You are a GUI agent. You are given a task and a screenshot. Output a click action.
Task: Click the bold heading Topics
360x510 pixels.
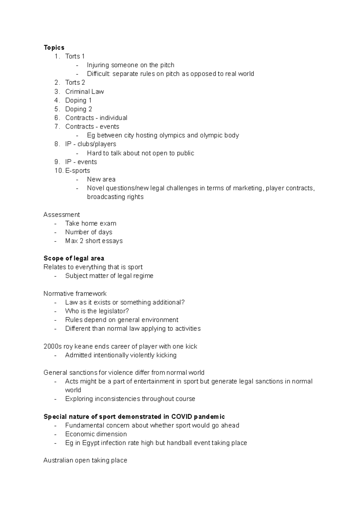pyautogui.click(x=54, y=47)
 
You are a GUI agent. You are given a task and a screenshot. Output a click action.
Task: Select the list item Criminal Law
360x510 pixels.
pyautogui.click(x=84, y=92)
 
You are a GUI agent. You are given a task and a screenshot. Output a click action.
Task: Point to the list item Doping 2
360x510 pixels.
pyautogui.click(x=78, y=109)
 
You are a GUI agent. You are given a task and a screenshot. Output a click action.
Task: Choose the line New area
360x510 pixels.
pyautogui.click(x=101, y=179)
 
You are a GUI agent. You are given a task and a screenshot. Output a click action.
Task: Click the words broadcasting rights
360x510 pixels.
pyautogui.click(x=115, y=197)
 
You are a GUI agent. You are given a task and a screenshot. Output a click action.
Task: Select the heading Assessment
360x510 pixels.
pyautogui.click(x=61, y=215)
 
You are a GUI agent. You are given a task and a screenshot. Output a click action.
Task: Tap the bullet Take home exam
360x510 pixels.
pyautogui.click(x=91, y=223)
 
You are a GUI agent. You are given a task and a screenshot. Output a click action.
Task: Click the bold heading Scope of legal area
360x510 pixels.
pyautogui.click(x=74, y=258)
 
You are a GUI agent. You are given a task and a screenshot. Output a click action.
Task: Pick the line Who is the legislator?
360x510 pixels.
pyautogui.click(x=97, y=311)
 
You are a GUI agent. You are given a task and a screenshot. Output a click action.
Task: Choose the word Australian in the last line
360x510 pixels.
pyautogui.click(x=58, y=460)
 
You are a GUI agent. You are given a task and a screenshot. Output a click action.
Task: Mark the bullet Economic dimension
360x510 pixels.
pyautogui.click(x=96, y=434)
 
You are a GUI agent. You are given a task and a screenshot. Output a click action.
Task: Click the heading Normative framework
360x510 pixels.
pyautogui.click(x=75, y=294)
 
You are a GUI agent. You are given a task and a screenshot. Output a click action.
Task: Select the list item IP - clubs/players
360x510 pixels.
pyautogui.click(x=91, y=144)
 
